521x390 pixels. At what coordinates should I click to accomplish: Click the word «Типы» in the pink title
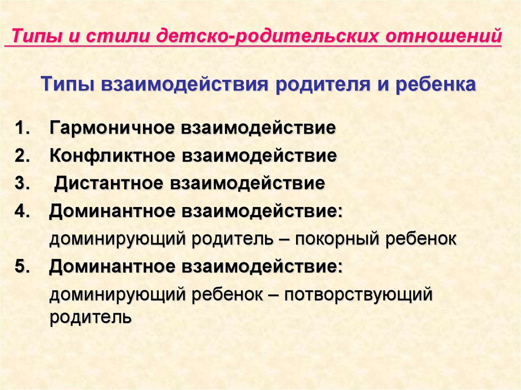[37, 36]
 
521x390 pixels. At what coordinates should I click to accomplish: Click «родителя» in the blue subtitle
[322, 85]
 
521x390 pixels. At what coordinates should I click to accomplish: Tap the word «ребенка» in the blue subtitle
[436, 85]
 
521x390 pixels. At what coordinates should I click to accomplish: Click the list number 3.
[22, 184]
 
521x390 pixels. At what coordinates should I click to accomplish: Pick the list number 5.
[22, 266]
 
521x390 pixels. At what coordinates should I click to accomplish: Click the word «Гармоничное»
[112, 128]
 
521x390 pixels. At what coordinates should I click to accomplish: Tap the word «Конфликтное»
[112, 156]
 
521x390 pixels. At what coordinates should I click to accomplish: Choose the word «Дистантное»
[109, 184]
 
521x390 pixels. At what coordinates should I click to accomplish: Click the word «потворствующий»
[359, 294]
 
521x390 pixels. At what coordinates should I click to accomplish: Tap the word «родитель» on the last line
[91, 317]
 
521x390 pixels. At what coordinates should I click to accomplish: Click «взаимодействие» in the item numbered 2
[259, 156]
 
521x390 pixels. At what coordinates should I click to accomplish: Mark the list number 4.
[22, 212]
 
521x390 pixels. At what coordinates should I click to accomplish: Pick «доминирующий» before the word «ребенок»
[117, 294]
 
